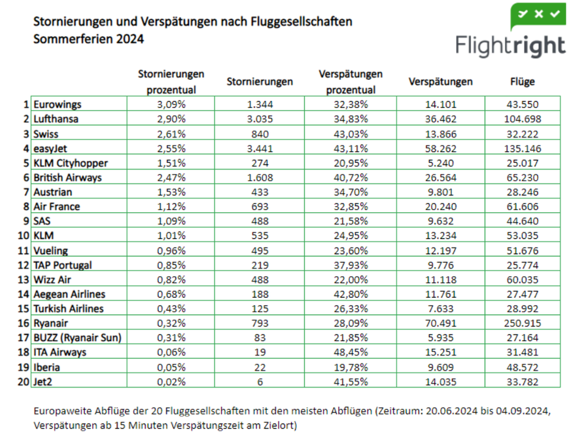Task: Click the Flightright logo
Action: point(511,33)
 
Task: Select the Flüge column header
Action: point(522,82)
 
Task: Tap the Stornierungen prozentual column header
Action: point(171,82)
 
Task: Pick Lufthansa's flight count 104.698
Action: point(522,118)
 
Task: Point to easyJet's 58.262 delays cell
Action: point(440,148)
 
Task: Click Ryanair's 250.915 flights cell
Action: point(522,323)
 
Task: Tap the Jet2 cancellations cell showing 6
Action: point(260,381)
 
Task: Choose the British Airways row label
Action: point(67,177)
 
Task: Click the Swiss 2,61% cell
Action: point(171,134)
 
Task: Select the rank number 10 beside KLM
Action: point(24,236)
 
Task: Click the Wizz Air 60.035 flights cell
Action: point(522,280)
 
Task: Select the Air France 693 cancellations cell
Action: point(260,206)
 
